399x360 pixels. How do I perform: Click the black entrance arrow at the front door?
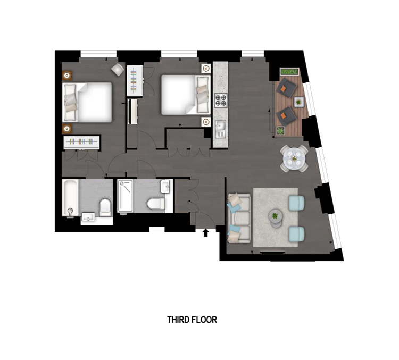coord(206,233)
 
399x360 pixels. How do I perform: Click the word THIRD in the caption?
coord(178,320)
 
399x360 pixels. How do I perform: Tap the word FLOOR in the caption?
coord(204,320)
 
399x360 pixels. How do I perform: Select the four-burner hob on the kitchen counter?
coord(221,101)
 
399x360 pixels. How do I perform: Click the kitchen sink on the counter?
coord(220,129)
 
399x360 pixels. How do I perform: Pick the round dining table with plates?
coord(294,159)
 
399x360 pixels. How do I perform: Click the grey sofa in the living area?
coord(239,218)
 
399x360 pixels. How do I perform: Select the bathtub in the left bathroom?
coord(70,198)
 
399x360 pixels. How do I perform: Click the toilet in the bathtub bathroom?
coord(105,207)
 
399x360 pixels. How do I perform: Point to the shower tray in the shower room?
coord(125,196)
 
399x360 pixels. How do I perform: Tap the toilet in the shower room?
coord(156,204)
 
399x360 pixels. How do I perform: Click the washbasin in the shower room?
coord(165,187)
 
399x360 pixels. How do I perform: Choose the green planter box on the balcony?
coord(289,71)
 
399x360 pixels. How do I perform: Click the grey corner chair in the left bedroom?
coord(118,70)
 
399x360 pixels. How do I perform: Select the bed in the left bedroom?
coord(87,102)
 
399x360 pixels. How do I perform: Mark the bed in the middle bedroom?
coord(186,95)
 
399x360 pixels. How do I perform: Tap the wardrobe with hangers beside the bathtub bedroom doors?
coord(82,141)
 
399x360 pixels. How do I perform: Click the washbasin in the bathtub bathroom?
coord(88,217)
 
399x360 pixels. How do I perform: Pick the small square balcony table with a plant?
coord(299,102)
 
